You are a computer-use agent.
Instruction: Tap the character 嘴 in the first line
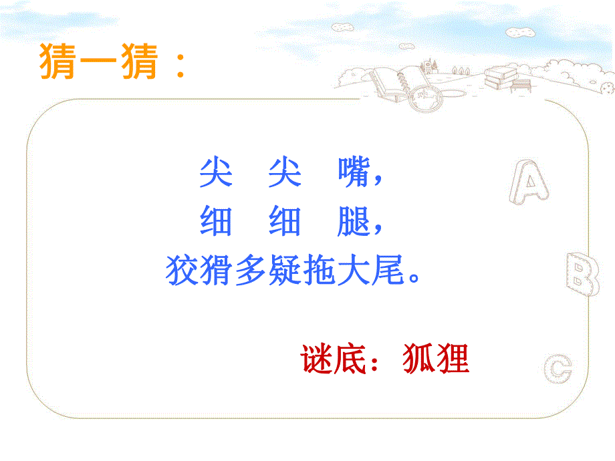[x=352, y=174]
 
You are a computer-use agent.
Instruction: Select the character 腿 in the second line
[x=352, y=221]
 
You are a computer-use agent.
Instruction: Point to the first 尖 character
[x=216, y=174]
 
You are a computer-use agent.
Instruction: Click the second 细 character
[x=284, y=221]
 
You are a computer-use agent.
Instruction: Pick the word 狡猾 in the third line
[x=199, y=271]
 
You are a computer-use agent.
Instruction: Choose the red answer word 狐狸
[x=436, y=359]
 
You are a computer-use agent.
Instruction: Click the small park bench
[x=522, y=85]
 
